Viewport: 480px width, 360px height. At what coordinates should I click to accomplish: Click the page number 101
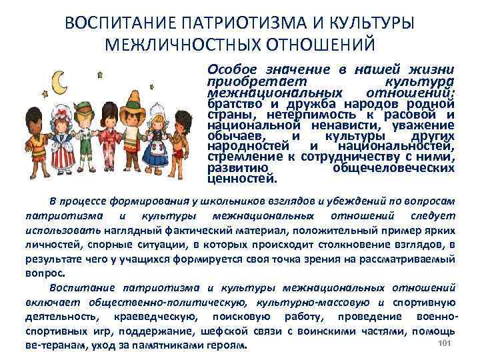tap(447, 343)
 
